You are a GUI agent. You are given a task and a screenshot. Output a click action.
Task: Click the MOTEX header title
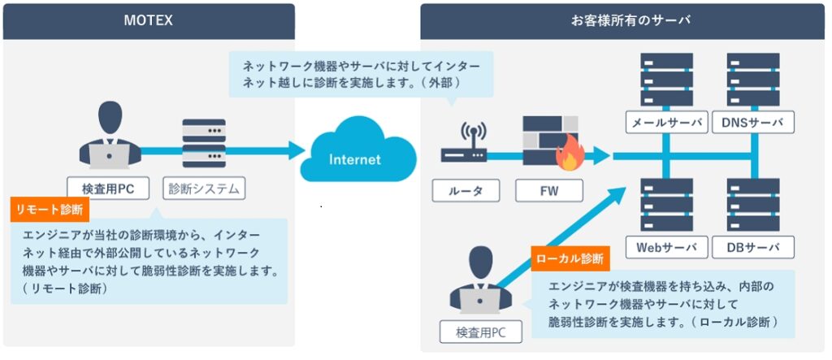click(148, 20)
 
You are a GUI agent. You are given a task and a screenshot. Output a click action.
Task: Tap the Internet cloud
click(354, 158)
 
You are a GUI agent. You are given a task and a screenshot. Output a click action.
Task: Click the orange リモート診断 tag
click(49, 210)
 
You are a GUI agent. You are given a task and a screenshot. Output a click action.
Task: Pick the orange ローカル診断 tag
click(570, 258)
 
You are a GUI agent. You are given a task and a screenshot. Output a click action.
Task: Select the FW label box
click(549, 190)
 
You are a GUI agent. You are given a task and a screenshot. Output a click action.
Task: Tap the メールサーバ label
click(665, 124)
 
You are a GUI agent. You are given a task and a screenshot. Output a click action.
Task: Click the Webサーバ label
click(665, 247)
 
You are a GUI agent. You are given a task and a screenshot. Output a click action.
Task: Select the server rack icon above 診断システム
click(204, 143)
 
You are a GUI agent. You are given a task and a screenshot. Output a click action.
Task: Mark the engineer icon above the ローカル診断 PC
click(479, 280)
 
